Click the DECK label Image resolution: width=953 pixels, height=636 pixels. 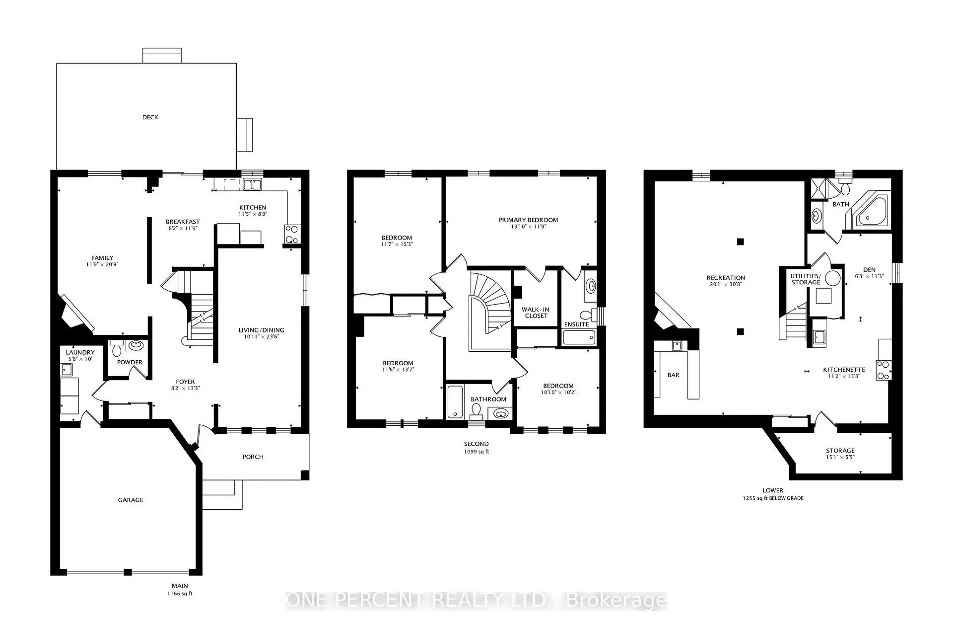(150, 117)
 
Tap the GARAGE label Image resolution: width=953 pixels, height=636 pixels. (131, 500)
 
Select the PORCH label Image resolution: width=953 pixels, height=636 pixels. (253, 457)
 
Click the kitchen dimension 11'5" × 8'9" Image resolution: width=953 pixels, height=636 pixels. (253, 214)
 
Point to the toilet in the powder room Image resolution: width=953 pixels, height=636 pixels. (117, 348)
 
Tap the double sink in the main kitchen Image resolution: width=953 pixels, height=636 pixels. (252, 185)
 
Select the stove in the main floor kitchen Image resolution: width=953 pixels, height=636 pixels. (291, 234)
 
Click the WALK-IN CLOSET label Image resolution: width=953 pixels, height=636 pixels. (536, 313)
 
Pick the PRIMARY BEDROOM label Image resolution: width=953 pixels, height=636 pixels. (528, 220)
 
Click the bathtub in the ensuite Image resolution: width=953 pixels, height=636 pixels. (579, 338)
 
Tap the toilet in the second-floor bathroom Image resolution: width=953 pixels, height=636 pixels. (476, 410)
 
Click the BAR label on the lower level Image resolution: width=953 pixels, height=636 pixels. (673, 375)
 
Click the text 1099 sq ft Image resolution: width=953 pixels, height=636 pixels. (476, 452)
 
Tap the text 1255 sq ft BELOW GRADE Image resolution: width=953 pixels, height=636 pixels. (773, 498)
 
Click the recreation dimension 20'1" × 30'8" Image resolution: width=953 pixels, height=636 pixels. (726, 284)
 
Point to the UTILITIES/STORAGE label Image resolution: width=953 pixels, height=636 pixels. (806, 279)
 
